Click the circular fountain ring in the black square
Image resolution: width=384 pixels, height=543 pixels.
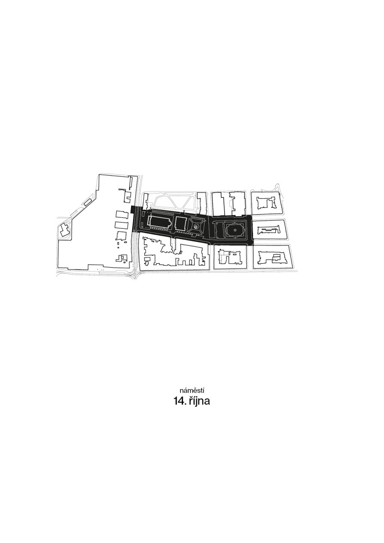(196, 226)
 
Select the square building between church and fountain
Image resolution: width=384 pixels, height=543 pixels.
(180, 224)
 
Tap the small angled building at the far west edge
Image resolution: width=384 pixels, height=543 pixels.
(64, 230)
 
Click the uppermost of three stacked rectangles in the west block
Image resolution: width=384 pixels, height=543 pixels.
(122, 215)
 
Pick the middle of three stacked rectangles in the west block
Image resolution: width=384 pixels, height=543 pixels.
(121, 225)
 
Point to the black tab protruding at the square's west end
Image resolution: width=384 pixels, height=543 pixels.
(132, 209)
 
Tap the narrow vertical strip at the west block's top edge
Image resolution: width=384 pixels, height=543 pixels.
(131, 182)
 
